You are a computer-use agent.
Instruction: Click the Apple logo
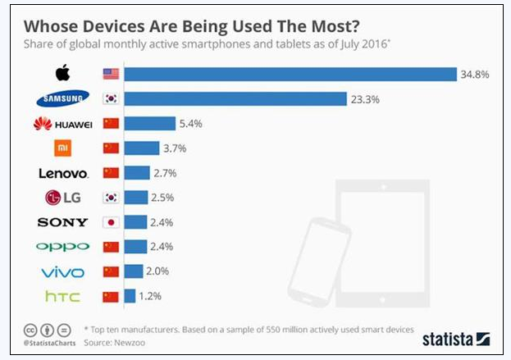coord(63,74)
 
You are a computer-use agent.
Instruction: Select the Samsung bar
coord(235,99)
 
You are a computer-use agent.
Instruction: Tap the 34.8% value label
coord(476,75)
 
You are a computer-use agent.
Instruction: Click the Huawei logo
coord(63,124)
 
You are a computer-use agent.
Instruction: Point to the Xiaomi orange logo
coord(63,148)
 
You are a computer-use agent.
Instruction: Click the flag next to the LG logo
coord(111,198)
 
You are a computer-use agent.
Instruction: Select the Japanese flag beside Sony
coord(111,222)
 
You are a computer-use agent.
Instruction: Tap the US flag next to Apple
coord(111,75)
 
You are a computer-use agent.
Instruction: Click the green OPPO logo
coord(63,247)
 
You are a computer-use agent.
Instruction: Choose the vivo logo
coord(63,271)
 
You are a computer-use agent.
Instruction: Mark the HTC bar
coord(131,296)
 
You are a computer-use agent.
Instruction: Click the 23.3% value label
coord(366,99)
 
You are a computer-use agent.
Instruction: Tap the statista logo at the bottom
coord(456,338)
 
